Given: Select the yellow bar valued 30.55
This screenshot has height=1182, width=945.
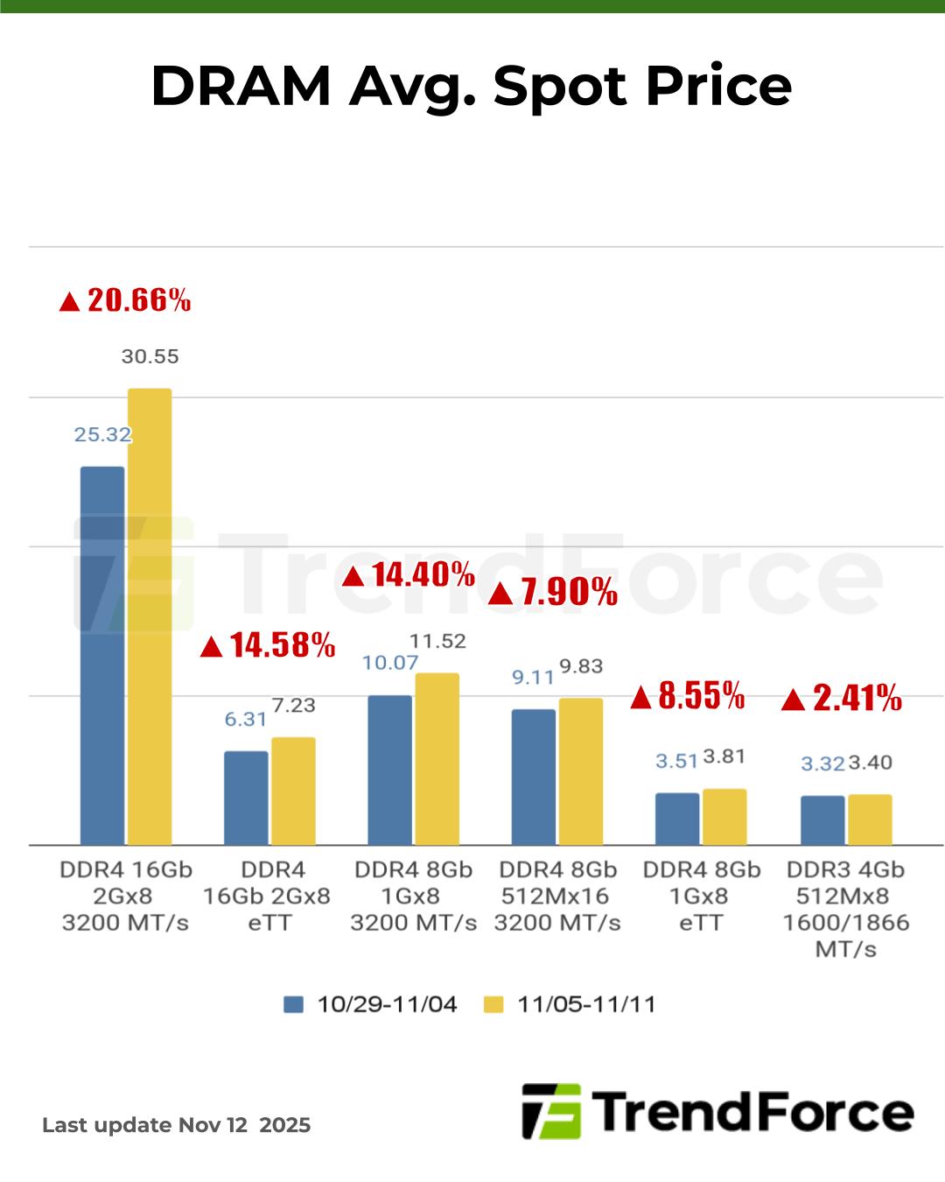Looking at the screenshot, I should click(x=150, y=616).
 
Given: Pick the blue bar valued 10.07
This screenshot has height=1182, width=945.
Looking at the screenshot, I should click(x=389, y=770).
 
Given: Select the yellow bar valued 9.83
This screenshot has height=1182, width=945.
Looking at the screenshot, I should click(x=581, y=771).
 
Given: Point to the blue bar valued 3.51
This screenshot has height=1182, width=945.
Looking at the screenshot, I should click(x=677, y=819).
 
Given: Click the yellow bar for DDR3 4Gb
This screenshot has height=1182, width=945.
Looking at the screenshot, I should click(x=870, y=820).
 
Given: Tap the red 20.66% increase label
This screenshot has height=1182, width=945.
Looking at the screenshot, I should click(x=125, y=300).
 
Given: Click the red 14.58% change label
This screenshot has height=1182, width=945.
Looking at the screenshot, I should click(x=269, y=646).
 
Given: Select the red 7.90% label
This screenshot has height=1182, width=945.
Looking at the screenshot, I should click(x=553, y=593).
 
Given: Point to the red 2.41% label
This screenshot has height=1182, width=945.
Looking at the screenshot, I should click(x=842, y=699).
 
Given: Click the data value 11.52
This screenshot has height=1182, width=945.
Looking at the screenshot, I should click(x=437, y=641).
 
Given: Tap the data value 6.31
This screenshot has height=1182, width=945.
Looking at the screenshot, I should click(x=246, y=719).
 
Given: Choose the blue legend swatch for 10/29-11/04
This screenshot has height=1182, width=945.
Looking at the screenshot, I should click(x=293, y=1004).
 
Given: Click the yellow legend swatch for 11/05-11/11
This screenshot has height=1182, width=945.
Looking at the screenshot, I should click(x=494, y=1004).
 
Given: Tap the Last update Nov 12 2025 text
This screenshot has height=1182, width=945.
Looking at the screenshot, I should click(x=177, y=1125).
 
